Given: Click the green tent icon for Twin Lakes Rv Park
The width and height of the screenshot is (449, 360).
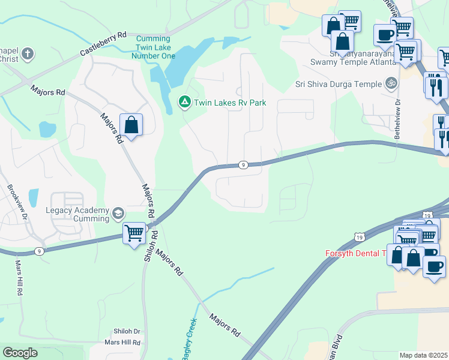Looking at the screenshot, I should coord(185,103).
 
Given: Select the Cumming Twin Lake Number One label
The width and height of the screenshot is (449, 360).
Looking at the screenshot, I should coord(152,47).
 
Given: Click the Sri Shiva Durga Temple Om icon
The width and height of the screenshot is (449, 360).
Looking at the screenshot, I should coord(391,83).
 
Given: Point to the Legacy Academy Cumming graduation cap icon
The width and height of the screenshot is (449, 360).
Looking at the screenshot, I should coord(118,212).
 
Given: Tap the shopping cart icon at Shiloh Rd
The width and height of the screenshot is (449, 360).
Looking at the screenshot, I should coord(134,232).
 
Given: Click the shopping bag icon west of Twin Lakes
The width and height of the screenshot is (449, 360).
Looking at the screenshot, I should coord(131,125).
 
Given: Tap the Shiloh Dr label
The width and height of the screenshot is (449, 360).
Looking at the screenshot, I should coord(127,331).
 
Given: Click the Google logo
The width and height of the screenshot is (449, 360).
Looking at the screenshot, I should coord(20,353).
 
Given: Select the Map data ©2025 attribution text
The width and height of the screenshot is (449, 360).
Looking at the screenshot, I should coord(423,355).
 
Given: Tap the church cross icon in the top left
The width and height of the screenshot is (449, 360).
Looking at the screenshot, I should coord(27,55).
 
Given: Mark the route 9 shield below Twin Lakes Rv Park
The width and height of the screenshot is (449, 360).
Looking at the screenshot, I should coord(243,164).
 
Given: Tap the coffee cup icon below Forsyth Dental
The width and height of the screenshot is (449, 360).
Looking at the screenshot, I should coord(434,266).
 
